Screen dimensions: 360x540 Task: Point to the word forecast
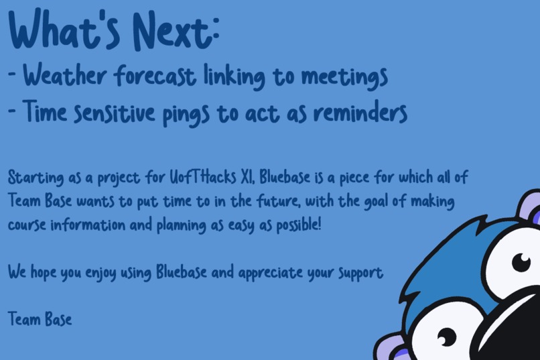[155, 76]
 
